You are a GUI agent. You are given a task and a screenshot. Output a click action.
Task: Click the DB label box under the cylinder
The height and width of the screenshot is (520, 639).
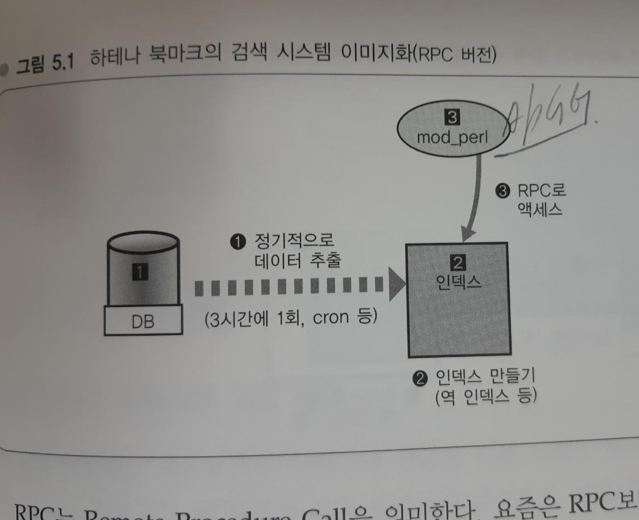tap(142, 322)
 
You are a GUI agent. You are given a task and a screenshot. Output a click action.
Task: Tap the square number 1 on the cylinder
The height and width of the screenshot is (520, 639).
tap(141, 271)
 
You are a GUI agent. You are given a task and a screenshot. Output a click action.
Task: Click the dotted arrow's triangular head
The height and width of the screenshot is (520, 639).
tap(397, 286)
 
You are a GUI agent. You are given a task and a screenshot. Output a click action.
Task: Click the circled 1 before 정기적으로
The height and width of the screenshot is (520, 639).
tap(237, 241)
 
